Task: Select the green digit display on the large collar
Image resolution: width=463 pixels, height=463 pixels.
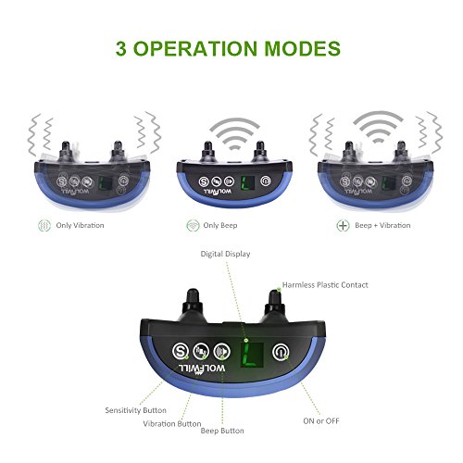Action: pyautogui.click(x=248, y=353)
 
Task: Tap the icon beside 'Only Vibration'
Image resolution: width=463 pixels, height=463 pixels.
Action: pyautogui.click(x=42, y=225)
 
